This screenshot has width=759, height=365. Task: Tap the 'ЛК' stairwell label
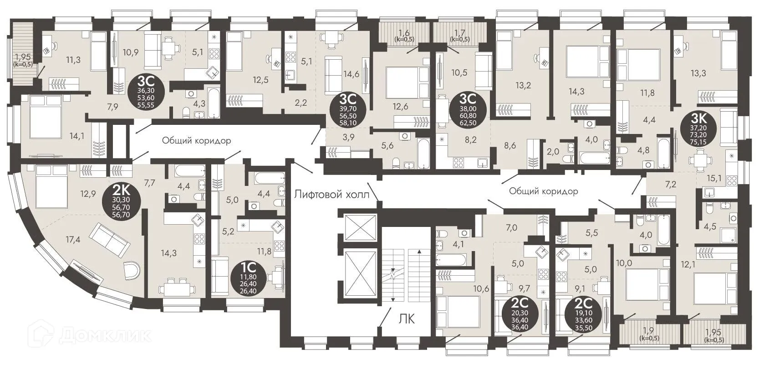pos(408,319)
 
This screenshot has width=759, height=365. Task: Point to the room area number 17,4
pos(73,239)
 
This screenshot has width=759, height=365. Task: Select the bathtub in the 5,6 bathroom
pos(423,154)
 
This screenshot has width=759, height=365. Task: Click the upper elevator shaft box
pos(359,226)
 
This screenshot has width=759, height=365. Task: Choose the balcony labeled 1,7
pos(460,34)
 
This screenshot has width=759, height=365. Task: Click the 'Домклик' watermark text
pos(105,336)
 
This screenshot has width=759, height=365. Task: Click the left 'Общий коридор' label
pos(196,140)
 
